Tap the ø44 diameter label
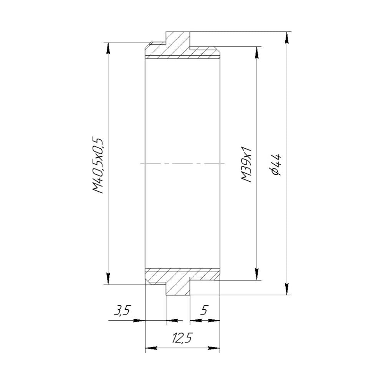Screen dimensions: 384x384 coord(276,164)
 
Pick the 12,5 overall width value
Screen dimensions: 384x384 coord(182,338)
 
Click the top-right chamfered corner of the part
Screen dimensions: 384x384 coord(218,50)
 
